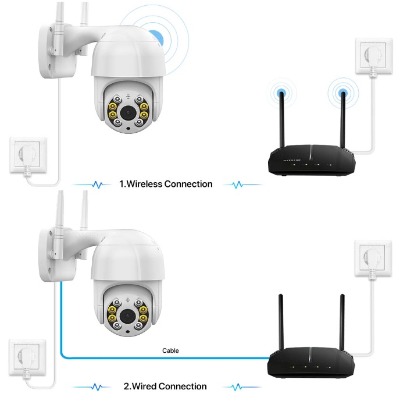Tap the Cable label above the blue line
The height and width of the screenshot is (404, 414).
(170, 350)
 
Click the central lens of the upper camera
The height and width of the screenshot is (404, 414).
(127, 111)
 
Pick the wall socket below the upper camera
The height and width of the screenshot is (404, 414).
(25, 154)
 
